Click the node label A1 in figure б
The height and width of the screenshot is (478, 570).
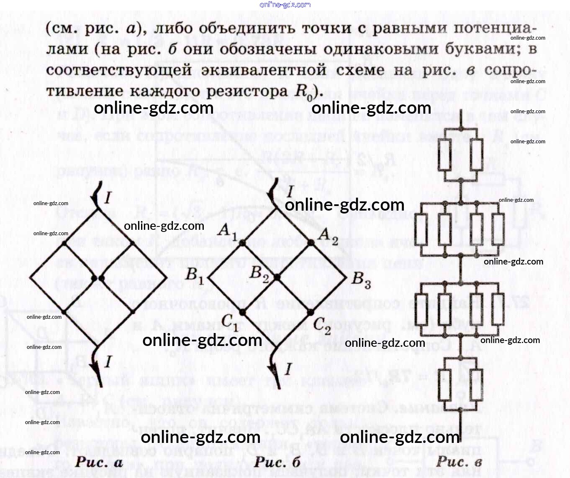(x=228, y=231)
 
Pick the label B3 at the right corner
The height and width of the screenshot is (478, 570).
(x=361, y=280)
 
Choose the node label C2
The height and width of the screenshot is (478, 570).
(x=322, y=325)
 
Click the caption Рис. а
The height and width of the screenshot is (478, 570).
(x=99, y=462)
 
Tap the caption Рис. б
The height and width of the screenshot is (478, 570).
(x=277, y=462)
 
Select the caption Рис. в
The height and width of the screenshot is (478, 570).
(x=459, y=462)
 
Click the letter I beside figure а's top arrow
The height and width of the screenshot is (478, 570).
(x=108, y=197)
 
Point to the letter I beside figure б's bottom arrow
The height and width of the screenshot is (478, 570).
(x=288, y=369)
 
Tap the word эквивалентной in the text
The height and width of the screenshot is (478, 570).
(x=264, y=70)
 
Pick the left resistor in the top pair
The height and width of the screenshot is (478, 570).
(x=444, y=154)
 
